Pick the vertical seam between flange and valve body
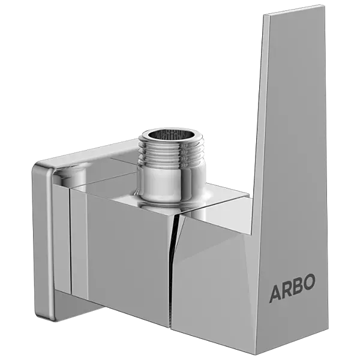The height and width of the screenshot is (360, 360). click(71, 252)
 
